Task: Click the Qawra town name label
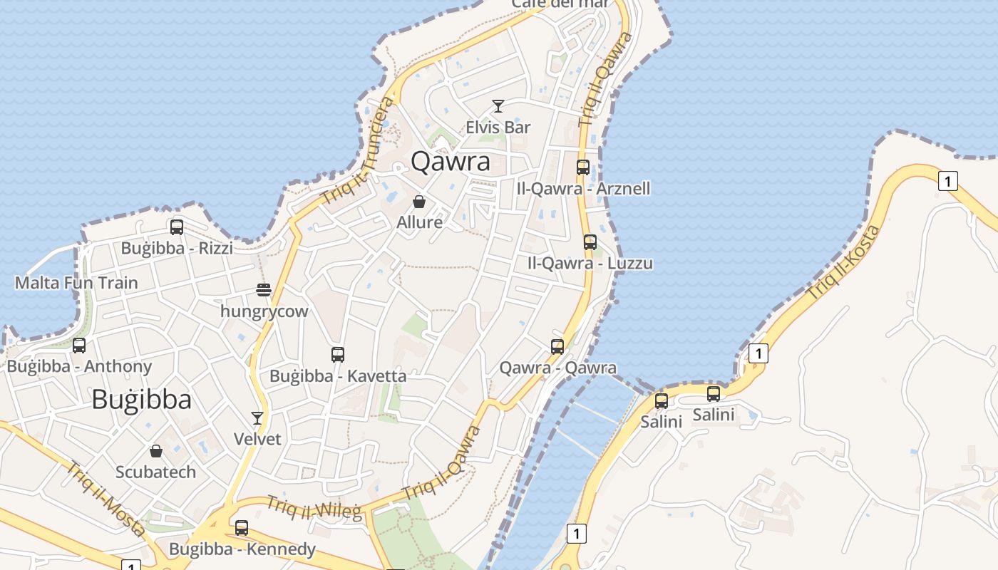pos(451,162)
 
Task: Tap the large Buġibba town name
pos(141,400)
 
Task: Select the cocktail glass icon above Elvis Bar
pos(498,107)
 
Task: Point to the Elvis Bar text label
pos(498,128)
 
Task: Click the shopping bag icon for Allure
pos(419,202)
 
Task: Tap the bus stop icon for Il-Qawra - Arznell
pos(583,167)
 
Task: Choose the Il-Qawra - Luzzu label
pos(590,263)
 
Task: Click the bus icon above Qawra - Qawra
pos(557,347)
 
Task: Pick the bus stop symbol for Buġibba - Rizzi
pos(177,227)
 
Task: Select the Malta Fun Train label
pos(76,283)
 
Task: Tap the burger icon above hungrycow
pos(264,290)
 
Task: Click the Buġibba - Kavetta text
pos(338,376)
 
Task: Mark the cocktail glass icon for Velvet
pos(257,418)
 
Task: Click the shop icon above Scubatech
pos(156,451)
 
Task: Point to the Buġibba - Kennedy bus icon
pos(242,528)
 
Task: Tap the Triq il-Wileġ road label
pos(314,507)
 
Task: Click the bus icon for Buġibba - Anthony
pos(79,346)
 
